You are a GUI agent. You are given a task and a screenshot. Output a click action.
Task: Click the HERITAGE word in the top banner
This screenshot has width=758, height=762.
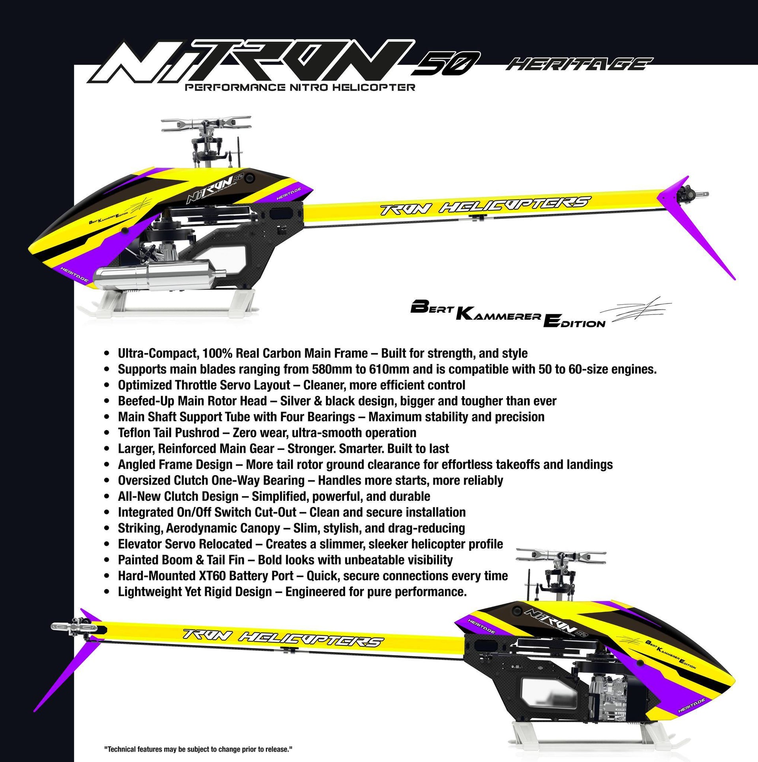point(579,64)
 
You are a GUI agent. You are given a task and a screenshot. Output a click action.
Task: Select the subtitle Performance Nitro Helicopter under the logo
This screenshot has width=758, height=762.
point(300,87)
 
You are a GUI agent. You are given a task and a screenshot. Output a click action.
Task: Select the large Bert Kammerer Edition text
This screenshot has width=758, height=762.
point(508,314)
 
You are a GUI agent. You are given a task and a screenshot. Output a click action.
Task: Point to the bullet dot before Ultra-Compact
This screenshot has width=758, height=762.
point(106,353)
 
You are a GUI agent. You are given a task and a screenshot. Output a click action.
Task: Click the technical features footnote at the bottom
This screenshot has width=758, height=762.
point(198,749)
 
